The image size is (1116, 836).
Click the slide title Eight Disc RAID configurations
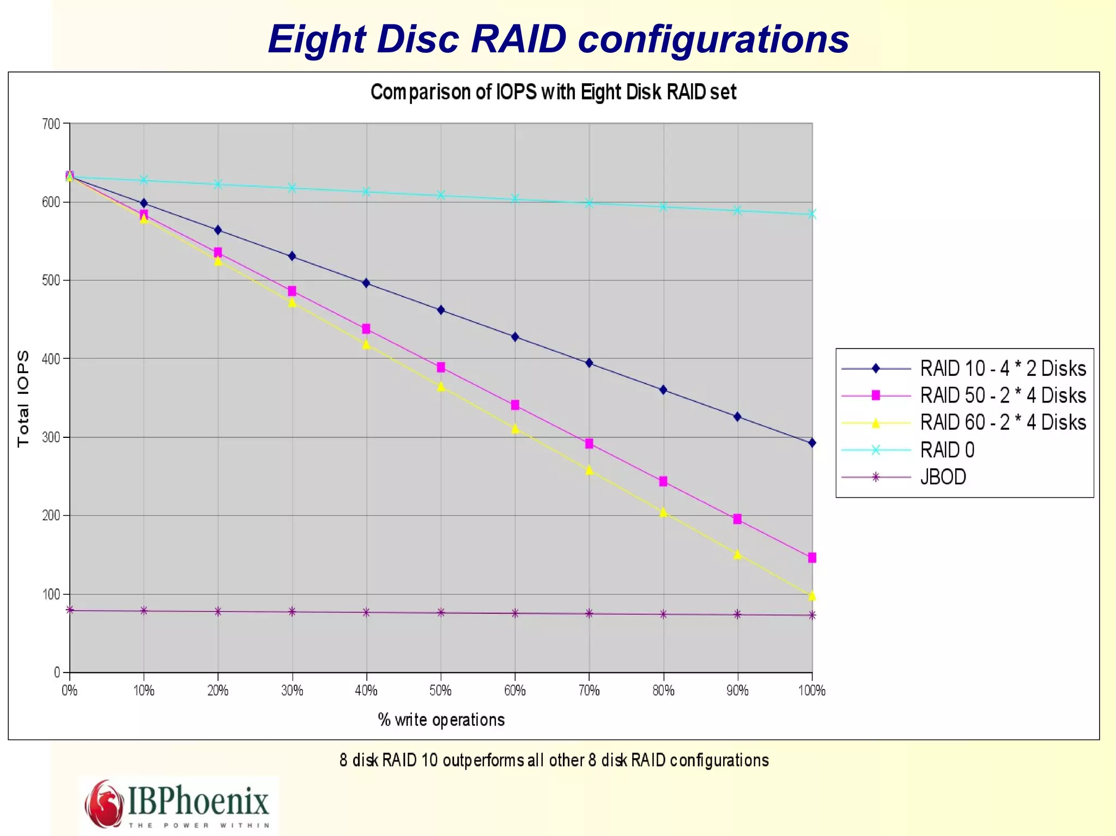pyautogui.click(x=558, y=39)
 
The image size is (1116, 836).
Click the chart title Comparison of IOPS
pyautogui.click(x=553, y=92)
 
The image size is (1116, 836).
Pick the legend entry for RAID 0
pyautogui.click(x=947, y=450)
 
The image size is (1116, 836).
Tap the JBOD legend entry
pyautogui.click(x=943, y=477)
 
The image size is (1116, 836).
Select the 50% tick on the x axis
pyautogui.click(x=440, y=691)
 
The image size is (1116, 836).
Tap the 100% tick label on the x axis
pyautogui.click(x=811, y=691)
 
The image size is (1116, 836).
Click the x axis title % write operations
pyautogui.click(x=441, y=720)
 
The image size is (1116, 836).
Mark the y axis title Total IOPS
pyautogui.click(x=23, y=399)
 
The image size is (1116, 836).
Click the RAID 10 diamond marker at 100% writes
pyautogui.click(x=812, y=443)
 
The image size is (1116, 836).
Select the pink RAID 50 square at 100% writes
pyautogui.click(x=812, y=558)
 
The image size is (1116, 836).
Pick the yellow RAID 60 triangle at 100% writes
pyautogui.click(x=812, y=596)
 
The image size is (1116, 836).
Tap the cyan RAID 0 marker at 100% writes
pyautogui.click(x=812, y=214)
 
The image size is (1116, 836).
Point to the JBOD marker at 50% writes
pyautogui.click(x=441, y=613)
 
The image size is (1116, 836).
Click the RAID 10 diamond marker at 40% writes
pyautogui.click(x=366, y=283)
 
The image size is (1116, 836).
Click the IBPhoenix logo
pyautogui.click(x=178, y=804)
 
